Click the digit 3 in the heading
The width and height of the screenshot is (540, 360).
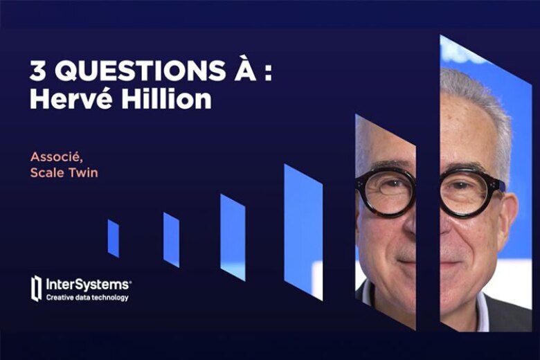36,71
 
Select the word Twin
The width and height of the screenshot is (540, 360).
82,172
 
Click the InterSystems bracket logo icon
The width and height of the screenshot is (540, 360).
36,288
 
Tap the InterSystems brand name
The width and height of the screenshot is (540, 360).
87,284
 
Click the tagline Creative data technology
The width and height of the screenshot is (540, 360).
87,298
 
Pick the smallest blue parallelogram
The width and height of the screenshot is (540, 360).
113,238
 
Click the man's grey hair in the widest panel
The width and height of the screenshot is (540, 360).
478,97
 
